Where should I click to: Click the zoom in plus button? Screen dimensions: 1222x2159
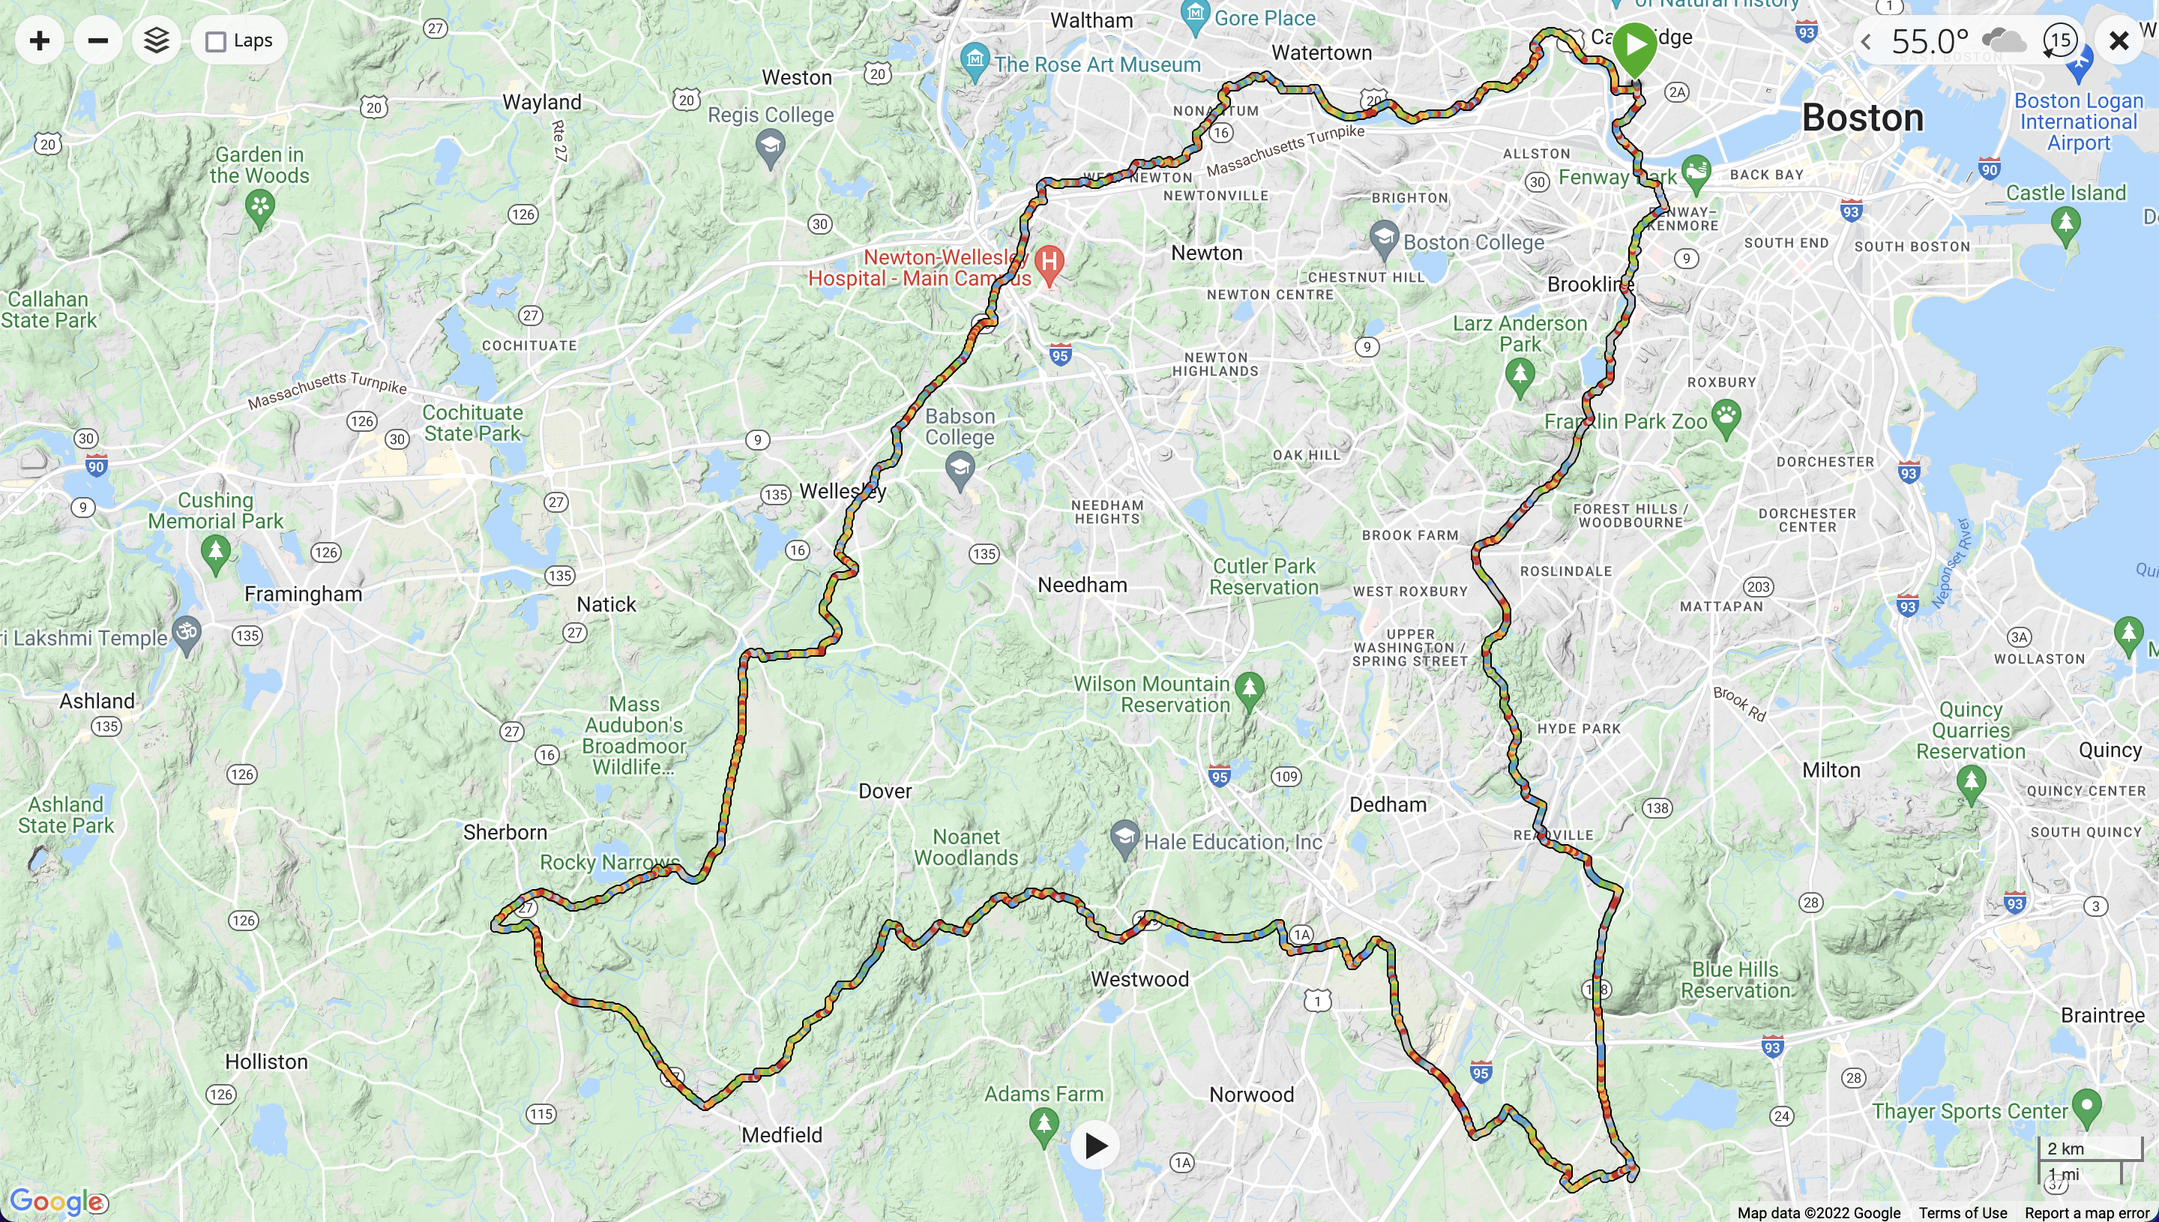(x=40, y=40)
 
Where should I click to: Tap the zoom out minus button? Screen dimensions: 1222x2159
(x=97, y=40)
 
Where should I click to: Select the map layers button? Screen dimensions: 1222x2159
(x=156, y=40)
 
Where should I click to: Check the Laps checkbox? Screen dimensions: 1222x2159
(x=217, y=41)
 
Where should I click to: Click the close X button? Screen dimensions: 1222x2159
(x=2119, y=40)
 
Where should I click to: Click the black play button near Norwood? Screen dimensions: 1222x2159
(x=1095, y=1146)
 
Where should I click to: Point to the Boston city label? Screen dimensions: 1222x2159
(x=1862, y=118)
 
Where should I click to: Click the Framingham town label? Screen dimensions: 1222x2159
(x=303, y=595)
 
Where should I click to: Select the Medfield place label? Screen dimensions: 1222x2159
(x=781, y=1135)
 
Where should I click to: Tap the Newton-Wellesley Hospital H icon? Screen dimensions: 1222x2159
(x=1049, y=262)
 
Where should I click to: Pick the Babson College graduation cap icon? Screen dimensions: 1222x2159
(x=960, y=468)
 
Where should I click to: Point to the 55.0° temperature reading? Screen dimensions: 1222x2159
(x=1929, y=40)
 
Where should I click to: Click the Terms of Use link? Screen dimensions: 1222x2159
(x=1962, y=1213)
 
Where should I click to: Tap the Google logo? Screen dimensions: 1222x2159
(x=56, y=1201)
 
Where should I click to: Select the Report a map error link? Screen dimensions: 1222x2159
(x=2089, y=1213)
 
